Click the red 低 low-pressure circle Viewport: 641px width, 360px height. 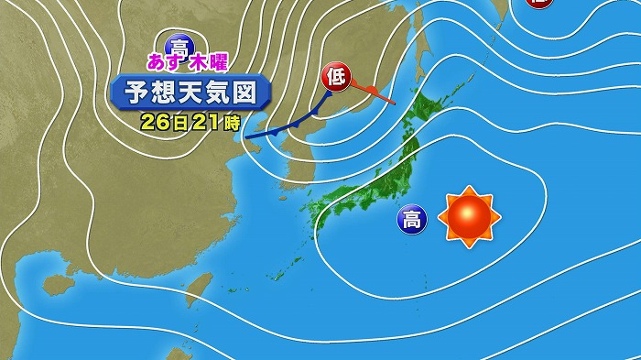333,78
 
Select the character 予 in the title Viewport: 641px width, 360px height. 128,93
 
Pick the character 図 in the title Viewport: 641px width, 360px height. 255,93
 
